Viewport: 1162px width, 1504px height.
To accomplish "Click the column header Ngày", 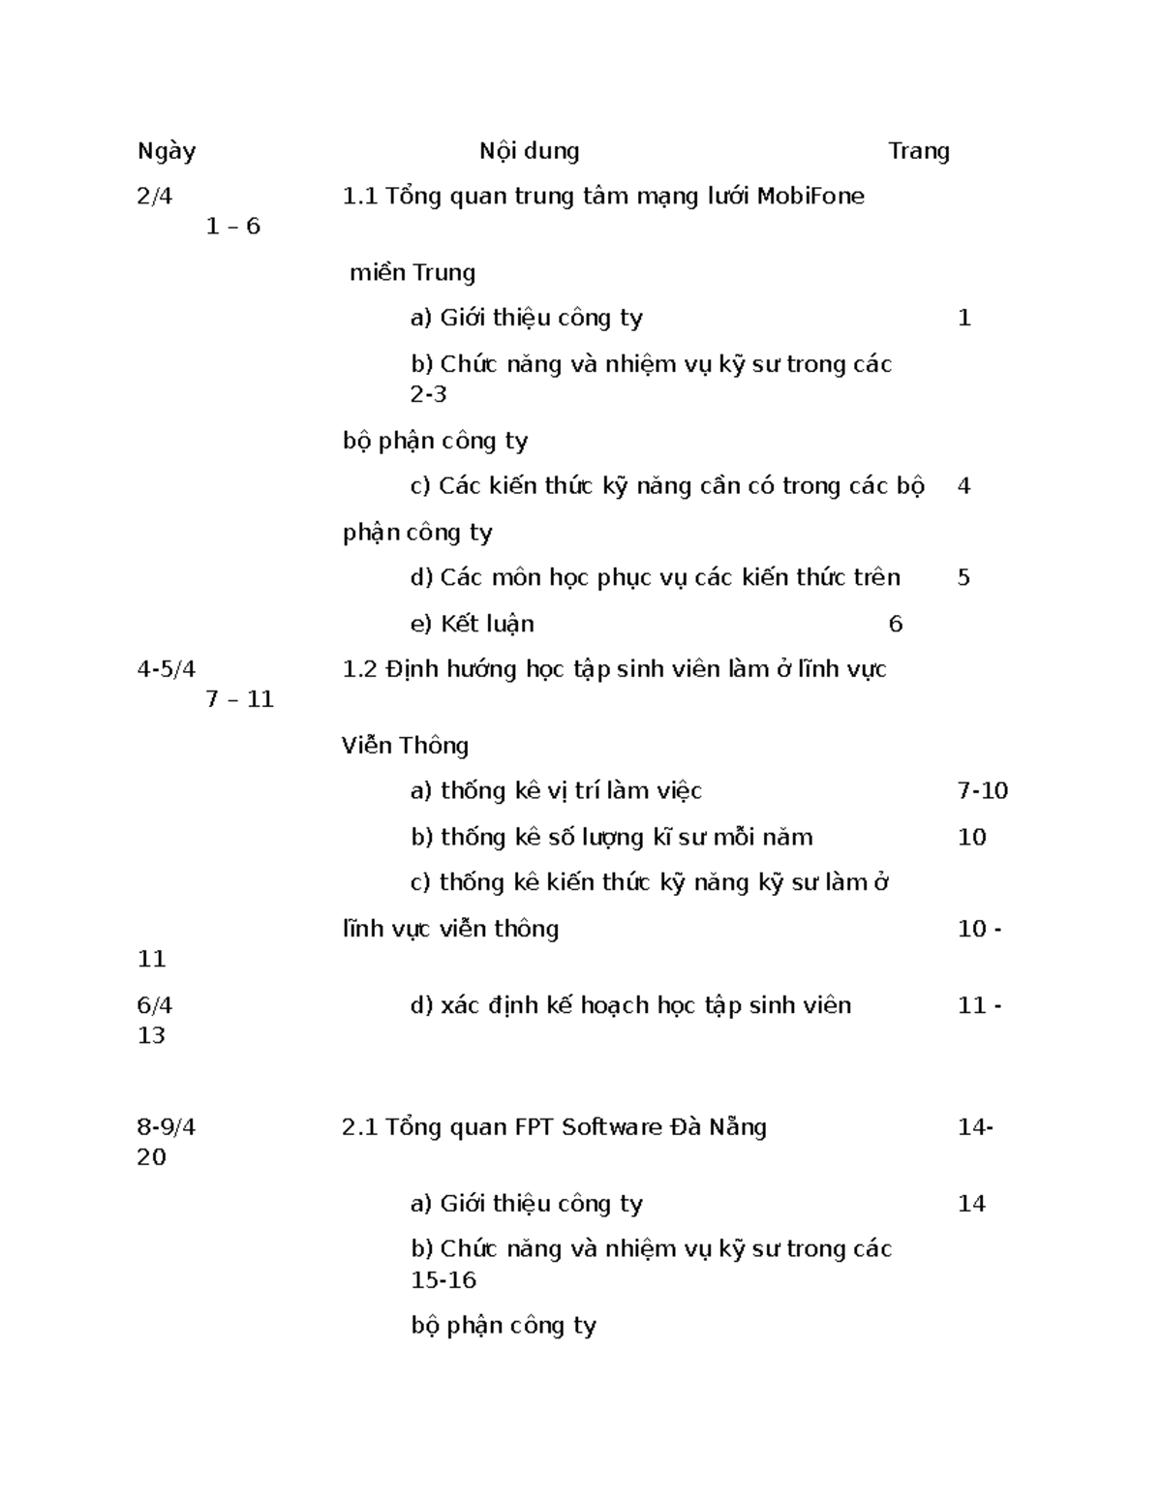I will [x=167, y=151].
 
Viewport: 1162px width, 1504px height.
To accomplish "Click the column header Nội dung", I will [x=529, y=151].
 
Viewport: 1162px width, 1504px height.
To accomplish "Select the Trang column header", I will [x=918, y=151].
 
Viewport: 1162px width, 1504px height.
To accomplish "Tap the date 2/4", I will [x=155, y=197].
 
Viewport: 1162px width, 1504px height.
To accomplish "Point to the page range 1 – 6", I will [x=233, y=227].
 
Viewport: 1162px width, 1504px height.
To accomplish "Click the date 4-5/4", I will [x=167, y=669].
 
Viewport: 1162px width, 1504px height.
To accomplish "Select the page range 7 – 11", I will [x=240, y=699].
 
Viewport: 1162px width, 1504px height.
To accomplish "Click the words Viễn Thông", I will [x=405, y=746].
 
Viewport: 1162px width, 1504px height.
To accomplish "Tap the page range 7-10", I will [x=982, y=791].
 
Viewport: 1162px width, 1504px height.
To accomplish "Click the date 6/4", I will [x=155, y=1006].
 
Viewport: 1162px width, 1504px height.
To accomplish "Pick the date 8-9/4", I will [x=167, y=1127].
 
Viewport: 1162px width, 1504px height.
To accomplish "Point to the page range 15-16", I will [x=443, y=1280].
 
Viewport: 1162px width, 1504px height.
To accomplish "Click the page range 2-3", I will [x=428, y=394].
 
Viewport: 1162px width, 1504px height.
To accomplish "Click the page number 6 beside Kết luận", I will [x=895, y=625].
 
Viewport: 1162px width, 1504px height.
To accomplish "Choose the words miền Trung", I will [x=413, y=273].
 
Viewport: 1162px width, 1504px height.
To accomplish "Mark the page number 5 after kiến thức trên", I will [x=963, y=578].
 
